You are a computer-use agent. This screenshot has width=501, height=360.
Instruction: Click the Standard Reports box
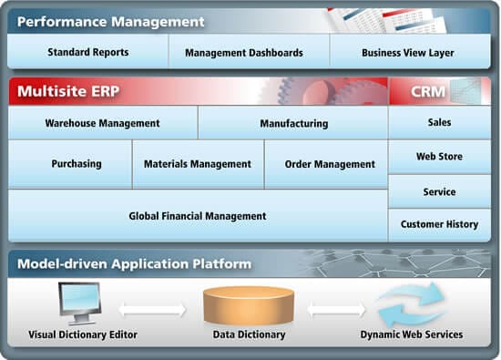(87, 53)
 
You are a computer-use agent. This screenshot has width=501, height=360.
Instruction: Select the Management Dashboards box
(243, 53)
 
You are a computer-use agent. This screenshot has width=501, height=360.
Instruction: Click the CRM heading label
(421, 91)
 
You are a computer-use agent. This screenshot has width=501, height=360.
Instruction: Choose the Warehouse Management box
(102, 123)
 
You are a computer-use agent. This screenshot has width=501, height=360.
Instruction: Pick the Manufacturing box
(293, 123)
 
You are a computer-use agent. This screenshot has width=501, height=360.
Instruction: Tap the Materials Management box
(198, 164)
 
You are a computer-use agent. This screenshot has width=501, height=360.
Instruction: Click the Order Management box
(330, 164)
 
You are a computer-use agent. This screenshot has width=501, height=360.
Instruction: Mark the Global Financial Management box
(198, 216)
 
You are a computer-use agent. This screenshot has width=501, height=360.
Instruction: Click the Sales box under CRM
(439, 122)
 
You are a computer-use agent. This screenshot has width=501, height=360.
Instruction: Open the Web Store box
(439, 157)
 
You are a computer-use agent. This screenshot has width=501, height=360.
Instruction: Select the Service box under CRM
(439, 191)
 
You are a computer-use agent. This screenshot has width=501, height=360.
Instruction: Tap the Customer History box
(439, 224)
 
